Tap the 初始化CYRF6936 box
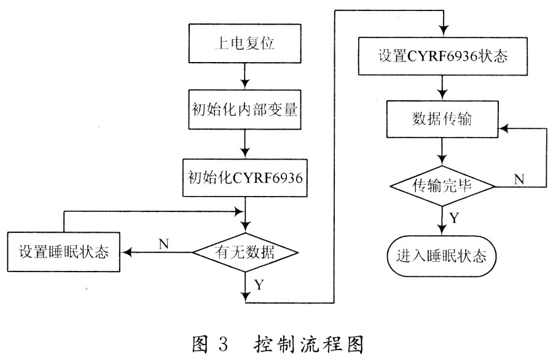point(246,178)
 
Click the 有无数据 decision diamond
point(246,251)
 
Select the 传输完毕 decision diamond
point(442,186)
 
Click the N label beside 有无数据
point(163,243)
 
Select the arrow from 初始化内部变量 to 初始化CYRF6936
point(246,145)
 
